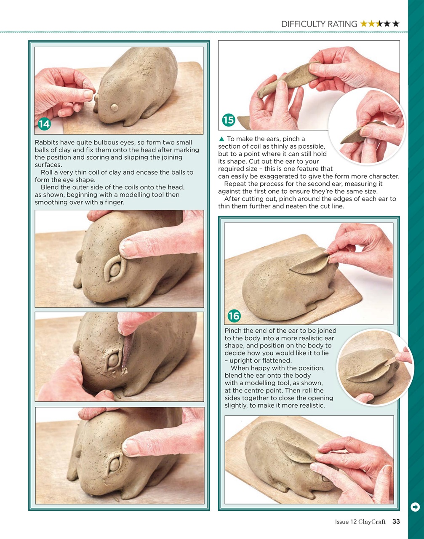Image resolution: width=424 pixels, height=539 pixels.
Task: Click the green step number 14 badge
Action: [44, 124]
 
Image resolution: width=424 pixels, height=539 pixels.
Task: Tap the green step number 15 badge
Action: [228, 120]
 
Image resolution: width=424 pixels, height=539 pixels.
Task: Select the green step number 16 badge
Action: [234, 316]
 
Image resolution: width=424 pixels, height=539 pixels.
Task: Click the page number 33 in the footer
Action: [396, 521]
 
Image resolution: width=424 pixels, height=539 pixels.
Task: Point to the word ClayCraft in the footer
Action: [372, 522]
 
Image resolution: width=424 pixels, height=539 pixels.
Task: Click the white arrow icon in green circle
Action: [415, 507]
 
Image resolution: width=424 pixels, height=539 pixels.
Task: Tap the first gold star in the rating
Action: [364, 24]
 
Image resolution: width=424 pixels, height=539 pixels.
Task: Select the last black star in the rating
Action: [396, 24]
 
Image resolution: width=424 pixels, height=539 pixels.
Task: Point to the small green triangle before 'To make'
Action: [221, 139]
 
